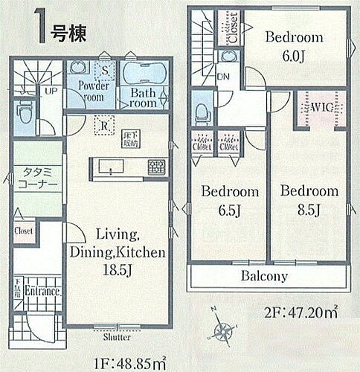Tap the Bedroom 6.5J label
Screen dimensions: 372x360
[231, 199]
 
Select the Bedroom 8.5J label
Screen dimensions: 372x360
[309, 199]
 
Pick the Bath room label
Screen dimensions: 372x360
[144, 98]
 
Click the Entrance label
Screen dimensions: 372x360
[43, 291]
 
